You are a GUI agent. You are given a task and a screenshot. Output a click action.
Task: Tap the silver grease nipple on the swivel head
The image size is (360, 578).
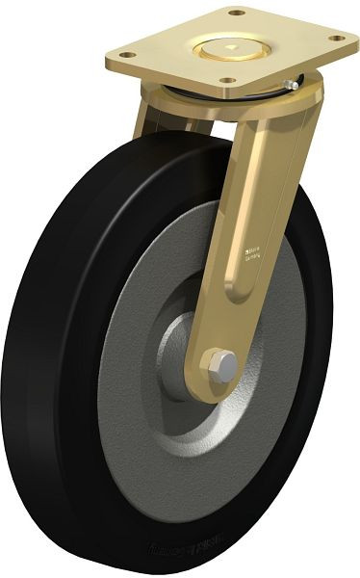pos(290,87)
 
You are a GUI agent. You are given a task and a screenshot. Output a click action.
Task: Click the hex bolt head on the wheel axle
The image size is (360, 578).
pos(220,364)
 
